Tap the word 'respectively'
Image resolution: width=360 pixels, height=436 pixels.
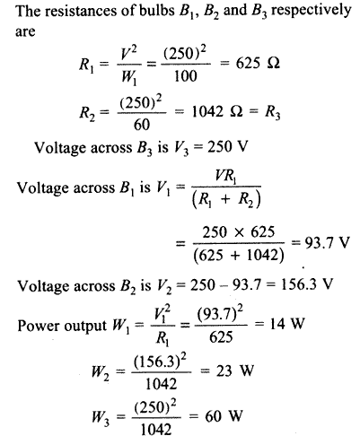311,12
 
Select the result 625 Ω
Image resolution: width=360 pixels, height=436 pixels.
258,64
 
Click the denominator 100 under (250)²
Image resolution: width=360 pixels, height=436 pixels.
186,76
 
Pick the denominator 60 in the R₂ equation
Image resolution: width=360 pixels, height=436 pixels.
141,125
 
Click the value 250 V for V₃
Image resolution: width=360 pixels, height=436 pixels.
227,146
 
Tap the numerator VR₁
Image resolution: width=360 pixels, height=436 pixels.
225,177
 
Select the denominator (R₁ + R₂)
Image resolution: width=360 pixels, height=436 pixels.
226,199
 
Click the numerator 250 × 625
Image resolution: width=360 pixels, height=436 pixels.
239,232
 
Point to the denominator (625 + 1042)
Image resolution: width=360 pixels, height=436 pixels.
239,256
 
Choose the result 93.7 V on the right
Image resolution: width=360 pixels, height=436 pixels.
327,243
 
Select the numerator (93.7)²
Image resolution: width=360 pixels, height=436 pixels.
220,315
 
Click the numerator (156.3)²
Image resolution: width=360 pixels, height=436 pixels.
160,363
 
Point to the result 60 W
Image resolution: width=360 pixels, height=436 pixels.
224,416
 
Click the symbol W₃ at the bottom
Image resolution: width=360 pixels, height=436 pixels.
101,417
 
